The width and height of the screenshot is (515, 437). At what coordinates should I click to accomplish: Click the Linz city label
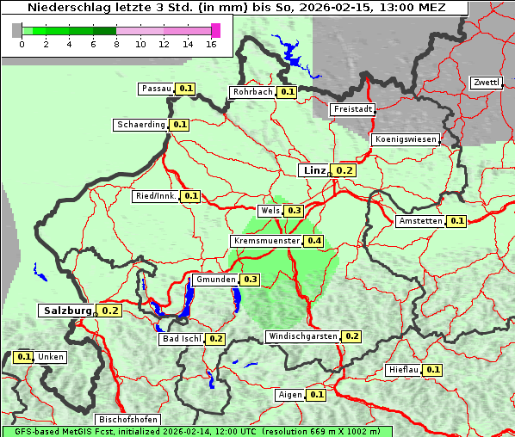313,170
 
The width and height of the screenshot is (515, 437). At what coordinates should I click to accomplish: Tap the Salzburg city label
65,311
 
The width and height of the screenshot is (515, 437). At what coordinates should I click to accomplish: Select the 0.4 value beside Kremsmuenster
313,241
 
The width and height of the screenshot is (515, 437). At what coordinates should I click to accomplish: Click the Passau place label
156,89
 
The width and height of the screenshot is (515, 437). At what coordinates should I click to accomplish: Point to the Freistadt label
353,109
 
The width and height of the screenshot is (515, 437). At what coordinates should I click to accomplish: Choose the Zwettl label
487,83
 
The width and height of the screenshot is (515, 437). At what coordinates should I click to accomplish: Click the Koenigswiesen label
406,139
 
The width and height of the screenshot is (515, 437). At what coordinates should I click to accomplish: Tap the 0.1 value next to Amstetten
456,221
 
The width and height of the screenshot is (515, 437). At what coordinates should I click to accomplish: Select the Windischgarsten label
301,336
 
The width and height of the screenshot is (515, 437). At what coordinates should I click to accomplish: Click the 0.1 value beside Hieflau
433,370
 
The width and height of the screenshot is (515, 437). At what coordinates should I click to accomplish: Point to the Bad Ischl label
181,339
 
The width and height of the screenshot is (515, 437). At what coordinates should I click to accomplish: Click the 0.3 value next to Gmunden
251,280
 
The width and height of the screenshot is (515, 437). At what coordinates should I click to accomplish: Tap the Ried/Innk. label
156,196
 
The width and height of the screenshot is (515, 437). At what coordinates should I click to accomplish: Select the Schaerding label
141,125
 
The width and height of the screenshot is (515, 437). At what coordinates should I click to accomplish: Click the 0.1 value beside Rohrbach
288,92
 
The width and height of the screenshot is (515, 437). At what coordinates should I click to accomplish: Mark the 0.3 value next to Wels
294,211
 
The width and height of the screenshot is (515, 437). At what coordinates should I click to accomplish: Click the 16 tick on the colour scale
212,44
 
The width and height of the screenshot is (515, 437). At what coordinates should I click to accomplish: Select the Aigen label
290,395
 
